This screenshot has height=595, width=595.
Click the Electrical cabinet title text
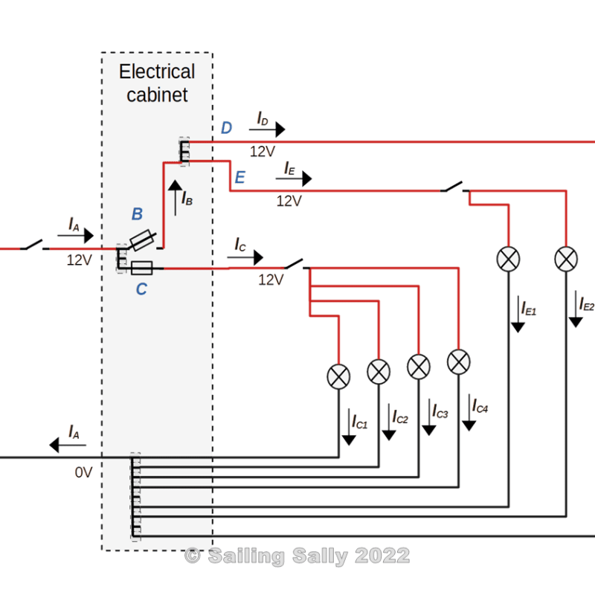click(157, 83)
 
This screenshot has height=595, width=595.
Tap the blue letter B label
click(137, 214)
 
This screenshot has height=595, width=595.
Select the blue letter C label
click(141, 290)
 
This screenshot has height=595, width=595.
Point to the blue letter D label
click(226, 129)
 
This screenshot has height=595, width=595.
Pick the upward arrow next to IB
click(175, 198)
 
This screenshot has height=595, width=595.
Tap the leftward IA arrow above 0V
click(67, 446)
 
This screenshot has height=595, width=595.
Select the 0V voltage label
click(83, 472)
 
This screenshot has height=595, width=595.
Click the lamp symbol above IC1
click(339, 376)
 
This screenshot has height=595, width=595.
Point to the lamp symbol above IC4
click(458, 361)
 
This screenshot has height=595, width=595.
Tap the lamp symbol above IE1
click(509, 259)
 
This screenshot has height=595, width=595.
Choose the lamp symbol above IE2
click(567, 259)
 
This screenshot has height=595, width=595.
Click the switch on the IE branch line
click(454, 188)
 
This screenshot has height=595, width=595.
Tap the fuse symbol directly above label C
click(141, 268)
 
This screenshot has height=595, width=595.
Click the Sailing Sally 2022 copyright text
click(297, 556)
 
